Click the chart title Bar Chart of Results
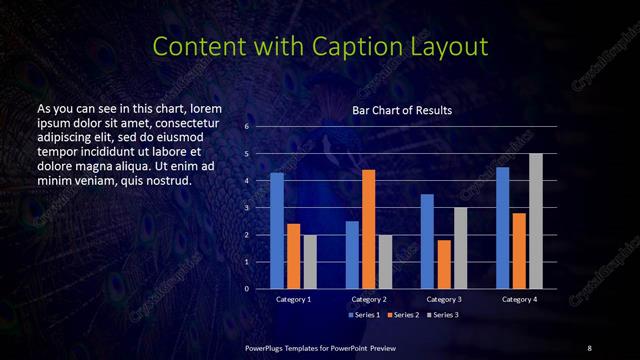pos(402,110)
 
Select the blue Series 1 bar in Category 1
pos(277,231)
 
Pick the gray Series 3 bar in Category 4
pos(536,221)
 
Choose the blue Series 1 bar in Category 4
pos(503,228)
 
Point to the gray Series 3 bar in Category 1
pos(309,262)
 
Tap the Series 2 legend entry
pos(401,314)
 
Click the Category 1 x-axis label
pos(293,299)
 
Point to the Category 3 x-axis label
pos(444,299)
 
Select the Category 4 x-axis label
pos(519,299)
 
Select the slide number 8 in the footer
pos(589,347)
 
